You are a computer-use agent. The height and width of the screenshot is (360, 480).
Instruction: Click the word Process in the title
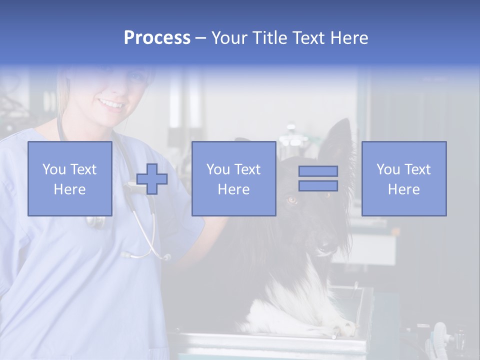[157, 38]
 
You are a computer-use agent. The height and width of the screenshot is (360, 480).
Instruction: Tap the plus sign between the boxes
[152, 179]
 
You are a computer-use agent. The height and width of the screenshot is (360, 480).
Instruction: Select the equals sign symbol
[318, 178]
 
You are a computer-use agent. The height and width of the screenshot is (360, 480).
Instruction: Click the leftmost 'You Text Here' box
[69, 178]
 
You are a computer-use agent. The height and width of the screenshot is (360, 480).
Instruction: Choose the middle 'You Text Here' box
[233, 178]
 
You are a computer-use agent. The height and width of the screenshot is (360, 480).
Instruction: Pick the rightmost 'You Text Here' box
[403, 178]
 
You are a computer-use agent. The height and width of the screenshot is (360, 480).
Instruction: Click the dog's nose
[325, 246]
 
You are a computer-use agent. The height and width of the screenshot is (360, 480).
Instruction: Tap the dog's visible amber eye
[292, 200]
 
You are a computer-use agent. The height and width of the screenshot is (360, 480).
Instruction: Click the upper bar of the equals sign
[318, 171]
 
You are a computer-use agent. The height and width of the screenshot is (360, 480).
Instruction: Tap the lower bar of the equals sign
[318, 185]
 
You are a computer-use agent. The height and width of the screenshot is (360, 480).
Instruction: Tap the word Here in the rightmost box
[403, 189]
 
